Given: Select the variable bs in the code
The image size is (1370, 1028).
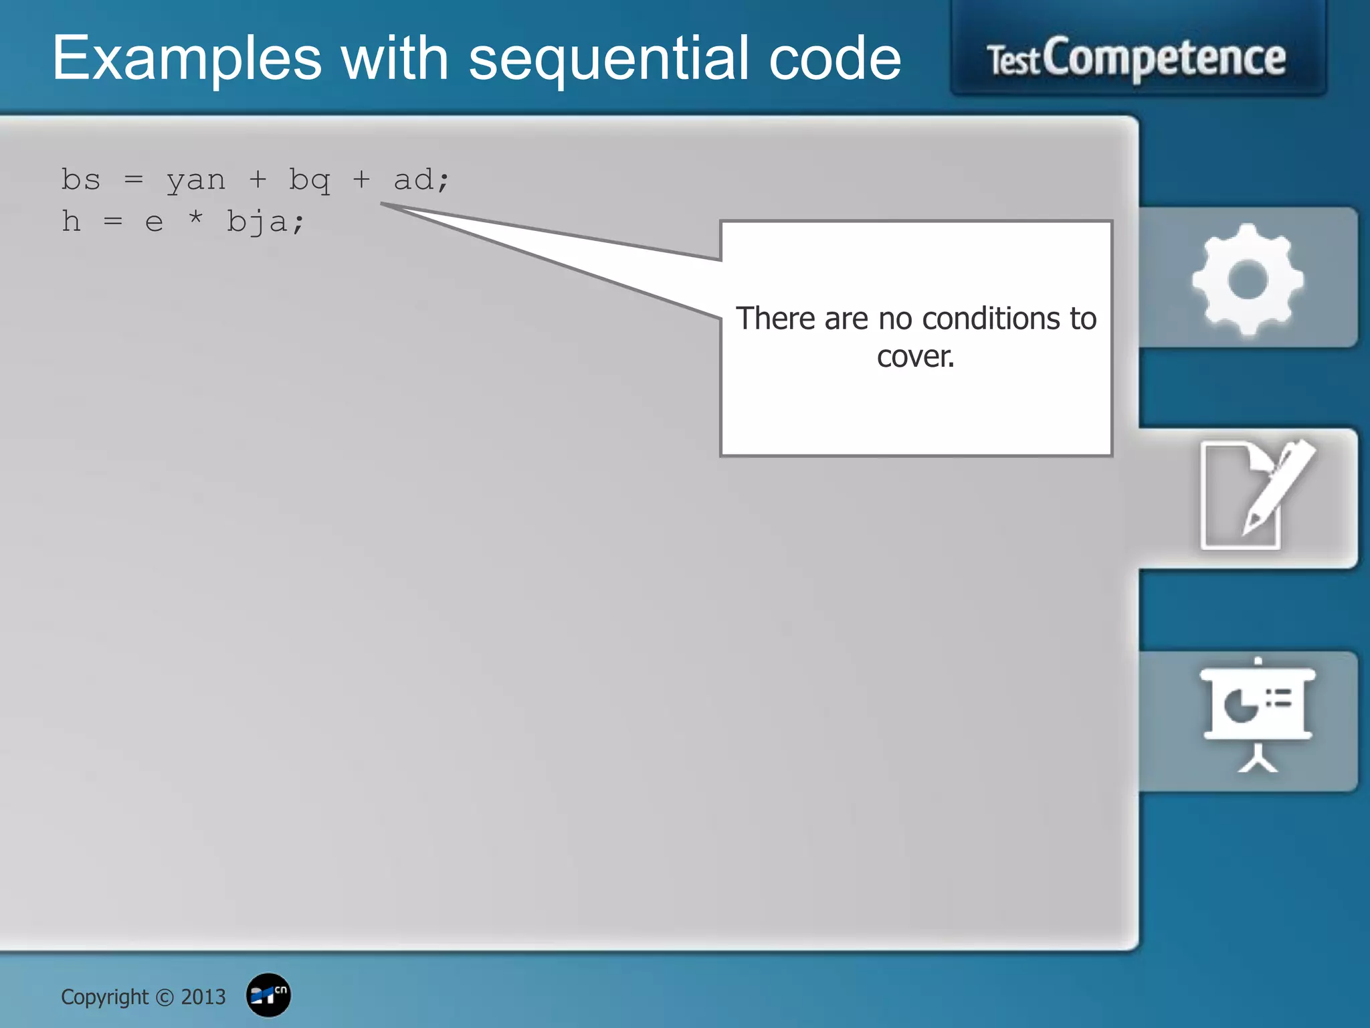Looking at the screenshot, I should tap(81, 179).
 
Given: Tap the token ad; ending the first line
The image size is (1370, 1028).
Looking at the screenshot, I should tap(421, 179).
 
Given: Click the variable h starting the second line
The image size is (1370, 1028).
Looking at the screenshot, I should tap(71, 221).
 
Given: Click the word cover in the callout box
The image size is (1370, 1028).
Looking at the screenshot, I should tap(914, 357).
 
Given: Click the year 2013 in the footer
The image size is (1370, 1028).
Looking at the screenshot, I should tap(203, 997).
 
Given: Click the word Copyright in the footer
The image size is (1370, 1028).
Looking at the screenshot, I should tap(104, 997).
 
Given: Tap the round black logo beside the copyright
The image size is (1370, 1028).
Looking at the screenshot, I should tap(268, 995).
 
